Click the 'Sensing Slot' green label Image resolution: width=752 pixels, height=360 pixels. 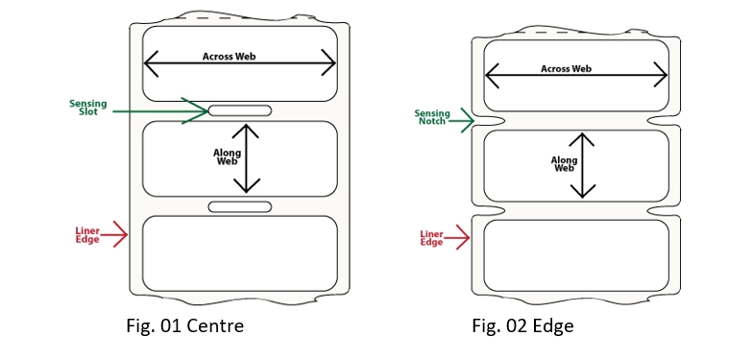point(88,108)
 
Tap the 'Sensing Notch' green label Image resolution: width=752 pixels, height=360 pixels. point(432,117)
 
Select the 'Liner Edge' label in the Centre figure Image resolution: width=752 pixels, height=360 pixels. point(87,235)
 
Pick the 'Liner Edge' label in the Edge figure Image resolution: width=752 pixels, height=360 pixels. point(431,238)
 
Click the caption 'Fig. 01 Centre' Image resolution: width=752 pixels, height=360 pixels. point(185,326)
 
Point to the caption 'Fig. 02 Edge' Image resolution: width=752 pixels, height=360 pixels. point(522,326)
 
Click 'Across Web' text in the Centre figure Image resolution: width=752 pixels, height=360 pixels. point(230,57)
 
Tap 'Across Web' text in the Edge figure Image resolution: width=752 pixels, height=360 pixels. point(566,69)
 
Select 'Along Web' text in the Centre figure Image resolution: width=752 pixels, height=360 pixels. point(227,156)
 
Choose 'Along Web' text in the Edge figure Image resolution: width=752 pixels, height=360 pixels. point(565,163)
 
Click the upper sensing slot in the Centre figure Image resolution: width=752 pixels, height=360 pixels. point(240,110)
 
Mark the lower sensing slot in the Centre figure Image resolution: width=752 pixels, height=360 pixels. point(240,207)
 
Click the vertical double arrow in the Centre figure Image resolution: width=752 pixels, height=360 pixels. point(247,158)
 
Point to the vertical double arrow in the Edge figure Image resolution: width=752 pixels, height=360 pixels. point(582,165)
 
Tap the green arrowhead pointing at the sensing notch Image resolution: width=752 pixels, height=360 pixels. point(467,120)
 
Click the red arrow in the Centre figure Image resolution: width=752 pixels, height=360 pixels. point(114,234)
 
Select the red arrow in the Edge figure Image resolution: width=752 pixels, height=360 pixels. point(456,237)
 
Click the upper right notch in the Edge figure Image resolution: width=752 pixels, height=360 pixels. point(665,120)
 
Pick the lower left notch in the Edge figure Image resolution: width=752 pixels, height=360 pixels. point(488,210)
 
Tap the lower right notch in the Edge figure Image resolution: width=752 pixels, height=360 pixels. point(665,210)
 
